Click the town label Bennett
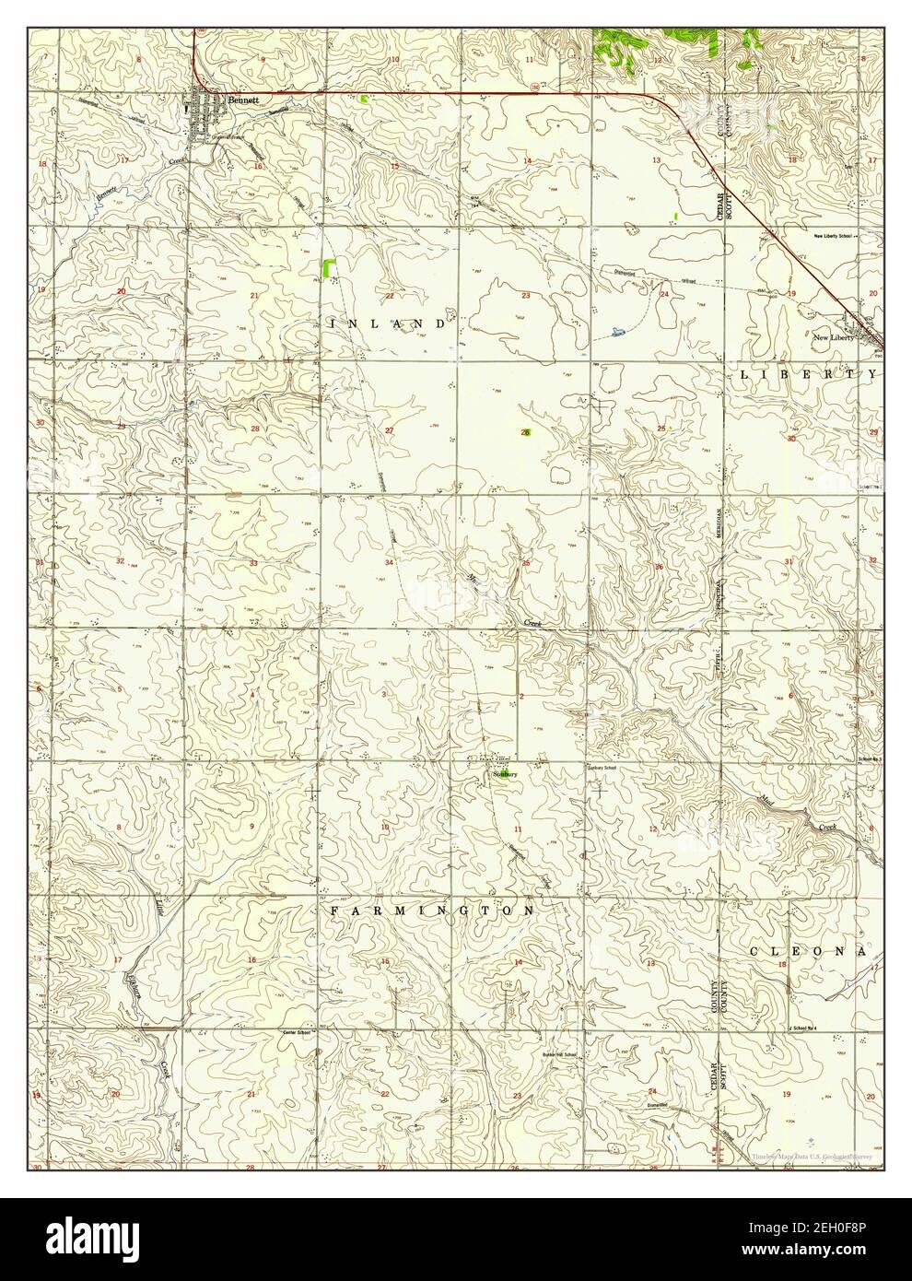243,100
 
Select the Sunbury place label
505,775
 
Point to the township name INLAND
388,324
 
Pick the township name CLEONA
808,950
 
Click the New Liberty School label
836,237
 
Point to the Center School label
301,1033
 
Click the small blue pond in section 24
615,329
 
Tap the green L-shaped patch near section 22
330,268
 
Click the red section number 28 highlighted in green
526,431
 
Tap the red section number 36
658,566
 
